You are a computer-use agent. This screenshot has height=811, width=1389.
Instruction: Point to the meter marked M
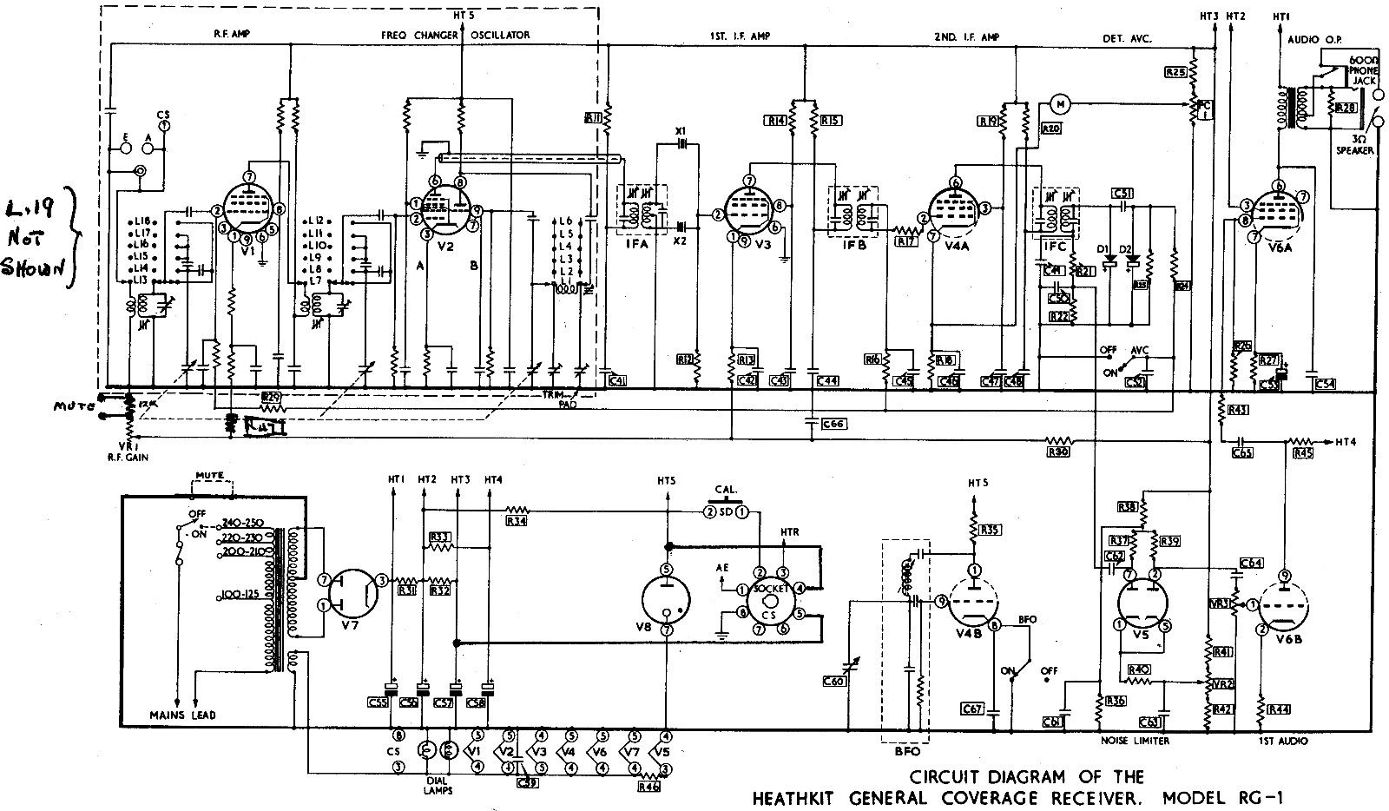(x=1059, y=104)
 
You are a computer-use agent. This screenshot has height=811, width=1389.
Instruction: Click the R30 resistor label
(x=1057, y=452)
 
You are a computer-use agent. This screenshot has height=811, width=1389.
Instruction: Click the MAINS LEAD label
(x=182, y=715)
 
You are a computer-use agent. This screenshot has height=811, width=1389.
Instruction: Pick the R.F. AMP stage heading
(x=232, y=35)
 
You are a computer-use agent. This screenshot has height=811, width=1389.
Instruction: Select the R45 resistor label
(x=1302, y=452)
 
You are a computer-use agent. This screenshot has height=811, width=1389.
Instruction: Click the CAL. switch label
(x=725, y=488)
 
